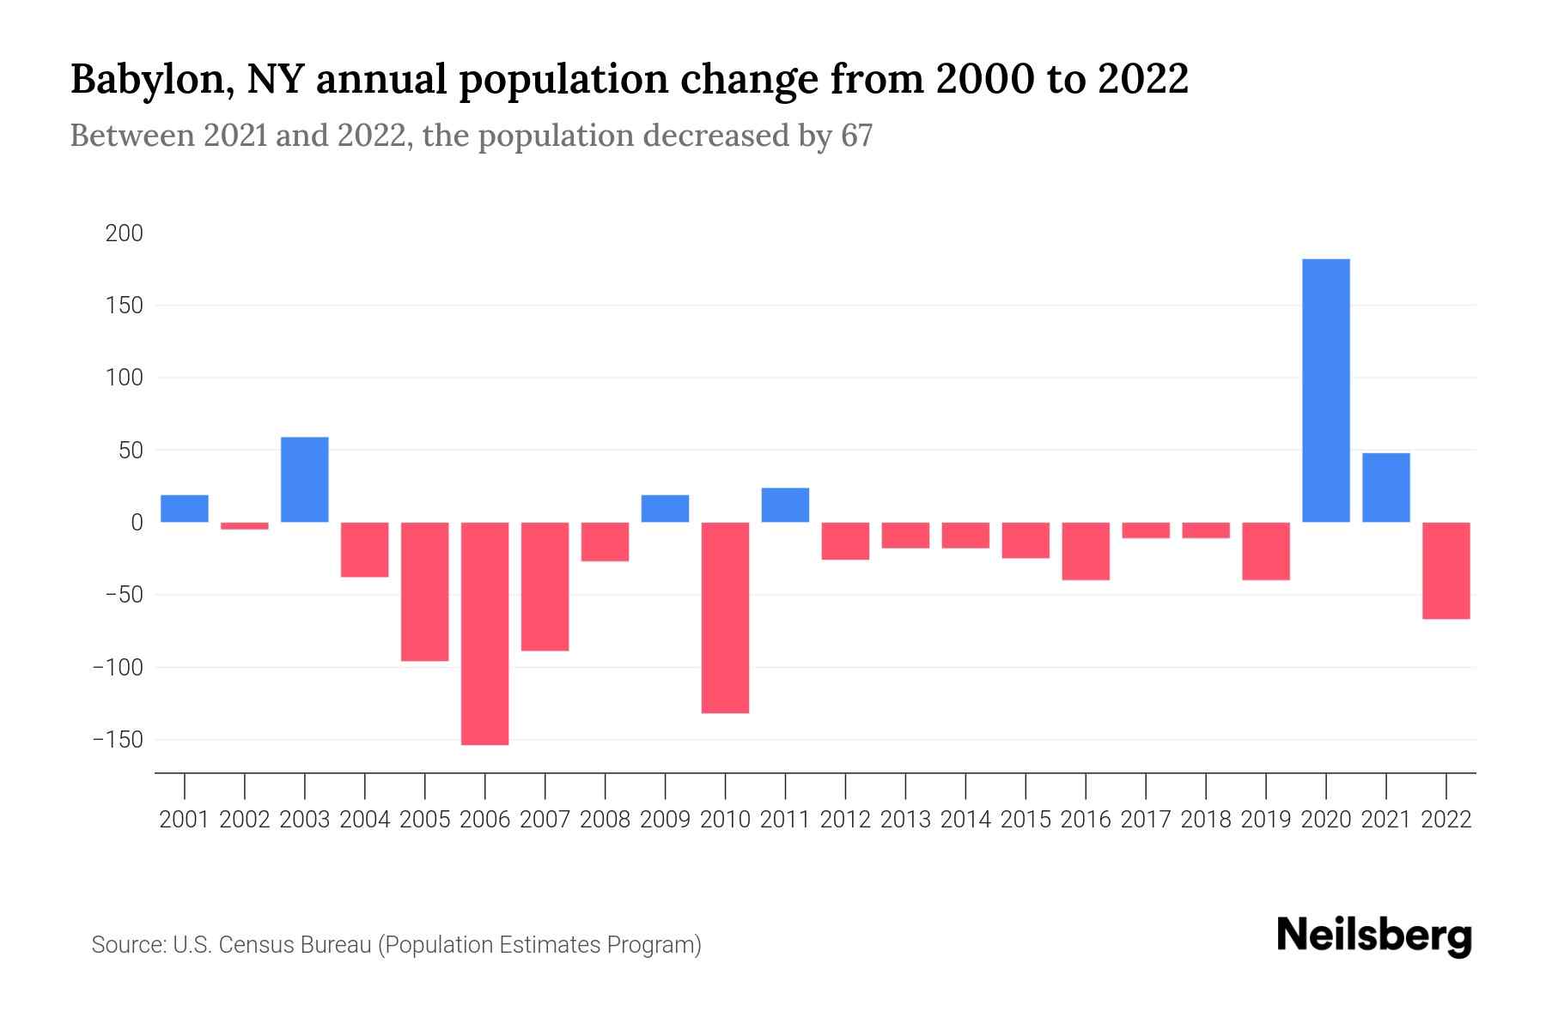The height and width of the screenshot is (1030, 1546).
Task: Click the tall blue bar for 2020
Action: pyautogui.click(x=1325, y=391)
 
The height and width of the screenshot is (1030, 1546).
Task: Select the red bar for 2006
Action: pyautogui.click(x=484, y=633)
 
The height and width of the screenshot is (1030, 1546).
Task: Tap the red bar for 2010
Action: pyautogui.click(x=725, y=618)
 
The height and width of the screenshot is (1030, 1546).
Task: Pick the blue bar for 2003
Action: pyautogui.click(x=305, y=480)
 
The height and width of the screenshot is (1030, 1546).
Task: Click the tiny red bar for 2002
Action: pyautogui.click(x=245, y=525)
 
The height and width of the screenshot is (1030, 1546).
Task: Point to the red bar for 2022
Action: pyautogui.click(x=1446, y=571)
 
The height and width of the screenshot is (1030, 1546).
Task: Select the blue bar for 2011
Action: pyautogui.click(x=785, y=505)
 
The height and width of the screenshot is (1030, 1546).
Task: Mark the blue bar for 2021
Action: pyautogui.click(x=1385, y=488)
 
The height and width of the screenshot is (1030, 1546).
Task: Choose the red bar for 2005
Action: pyautogui.click(x=424, y=591)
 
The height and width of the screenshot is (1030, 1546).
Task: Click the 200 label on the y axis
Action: pyautogui.click(x=125, y=233)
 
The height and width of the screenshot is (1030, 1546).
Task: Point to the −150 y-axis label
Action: pyautogui.click(x=118, y=740)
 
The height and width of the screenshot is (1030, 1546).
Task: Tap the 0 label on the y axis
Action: pyautogui.click(x=137, y=523)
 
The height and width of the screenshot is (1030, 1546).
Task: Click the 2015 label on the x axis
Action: pyautogui.click(x=1026, y=820)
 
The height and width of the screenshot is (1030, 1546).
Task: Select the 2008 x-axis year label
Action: pyautogui.click(x=605, y=820)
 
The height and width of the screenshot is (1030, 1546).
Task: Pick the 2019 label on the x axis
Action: pyautogui.click(x=1266, y=820)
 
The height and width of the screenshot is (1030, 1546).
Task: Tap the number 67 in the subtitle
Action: pyautogui.click(x=856, y=136)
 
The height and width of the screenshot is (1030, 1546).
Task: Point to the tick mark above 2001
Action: pyautogui.click(x=185, y=785)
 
